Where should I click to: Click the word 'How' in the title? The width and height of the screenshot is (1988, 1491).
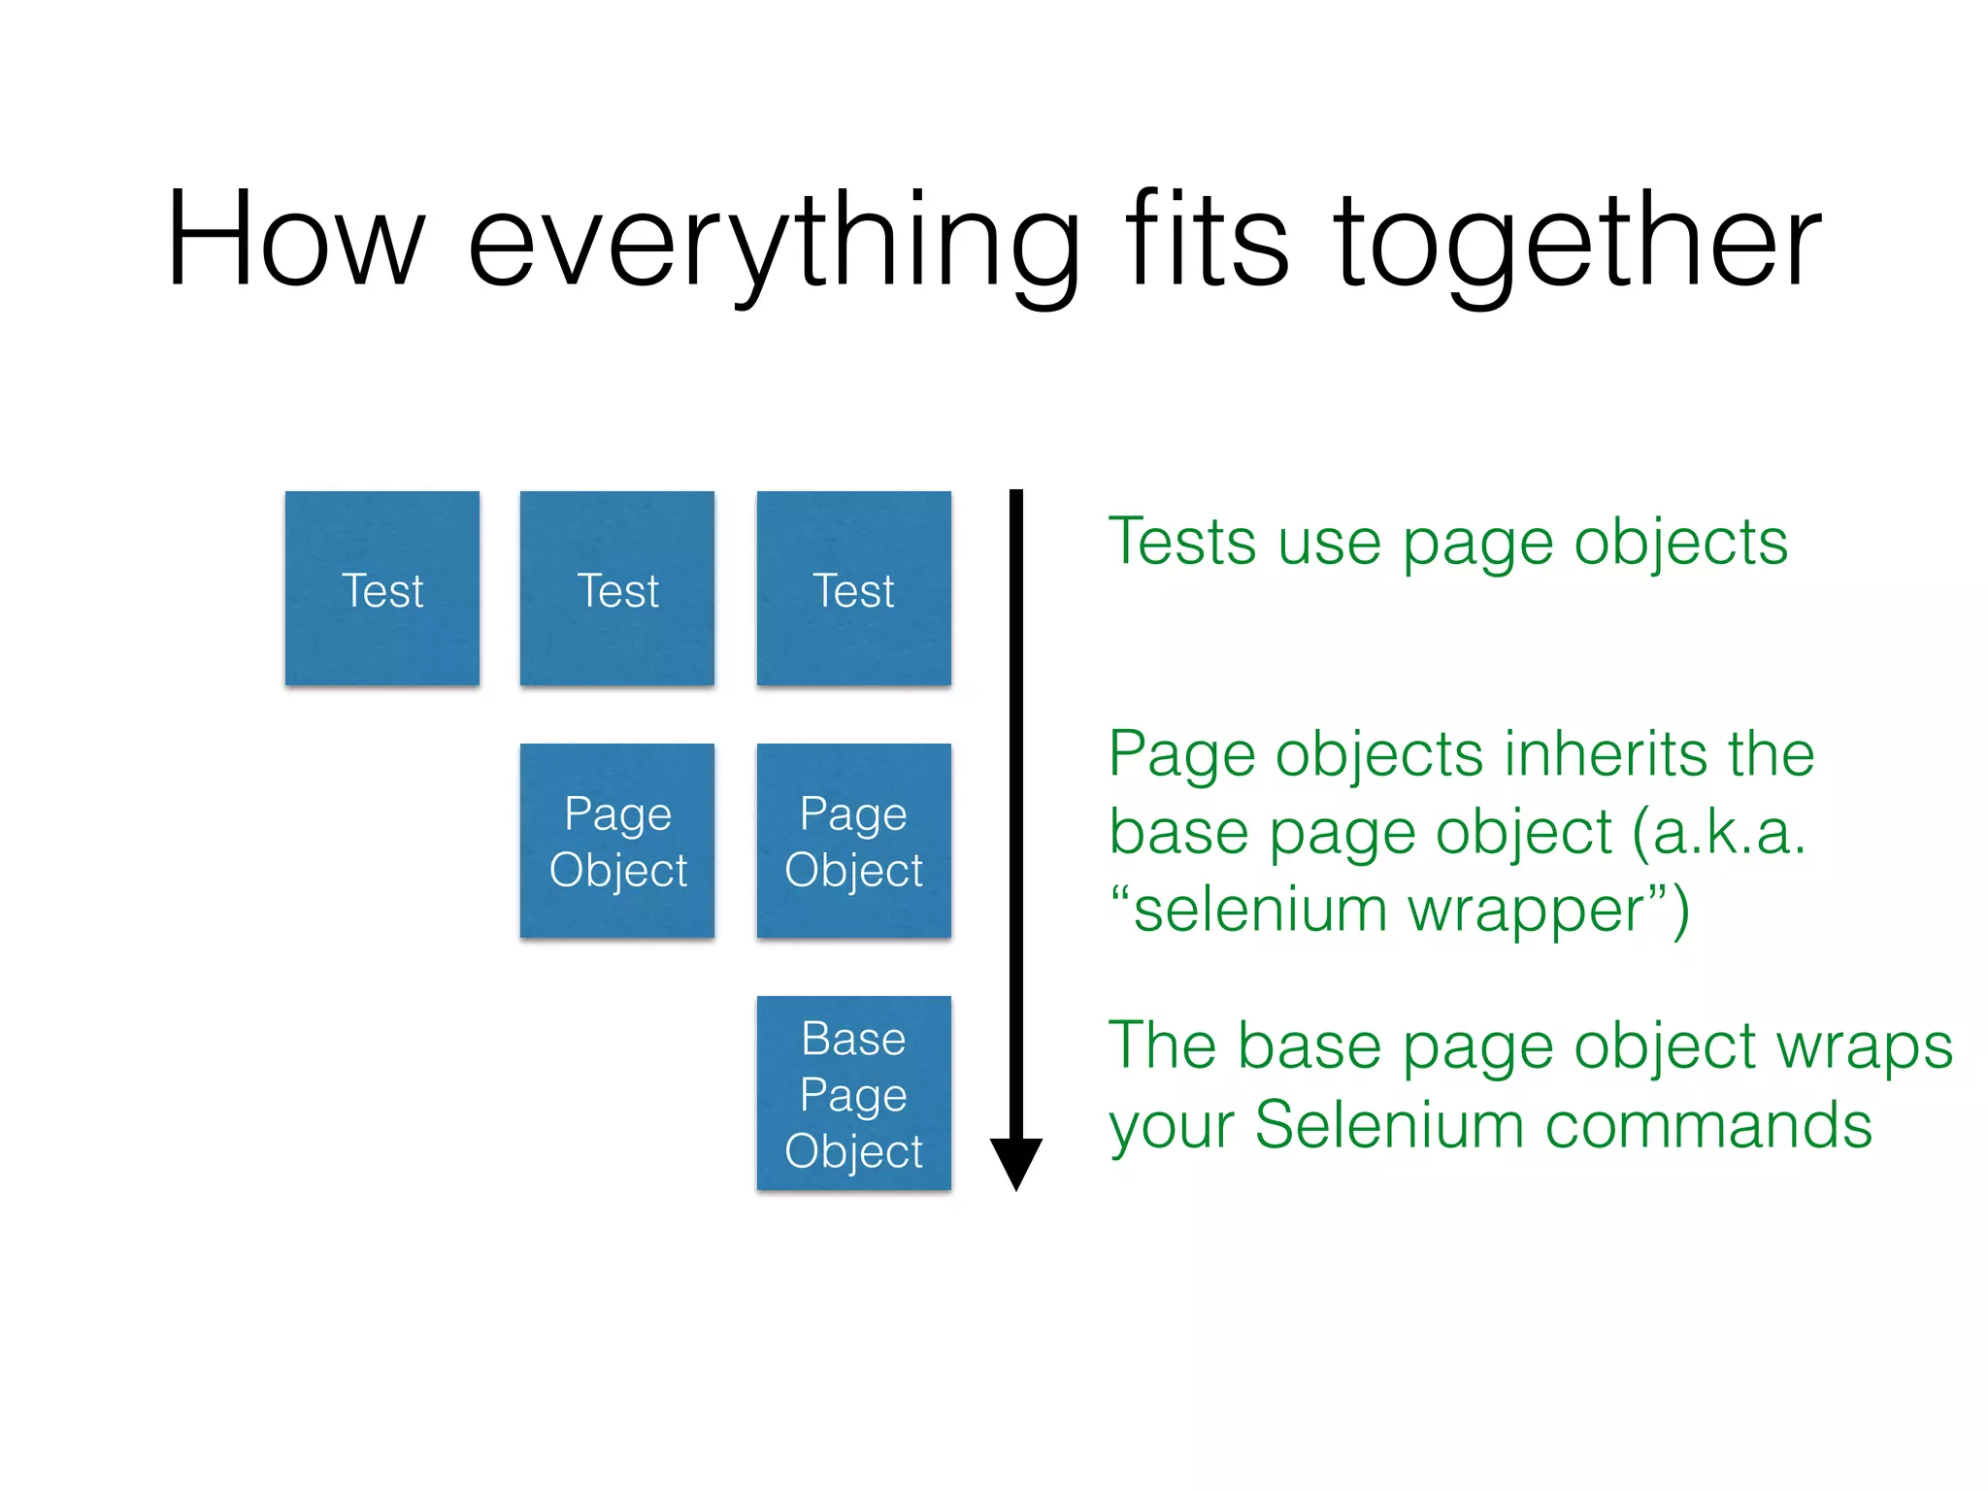coord(296,241)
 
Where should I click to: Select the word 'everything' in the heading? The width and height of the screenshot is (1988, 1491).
coord(774,243)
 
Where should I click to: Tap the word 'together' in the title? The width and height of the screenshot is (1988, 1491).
coord(1577,243)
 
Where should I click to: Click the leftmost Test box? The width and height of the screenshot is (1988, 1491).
coord(382,589)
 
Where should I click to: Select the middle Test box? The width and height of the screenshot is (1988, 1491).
coord(617,589)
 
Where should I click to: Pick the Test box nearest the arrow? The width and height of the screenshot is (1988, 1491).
coord(853,589)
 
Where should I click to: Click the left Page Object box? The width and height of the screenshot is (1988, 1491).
coord(617,841)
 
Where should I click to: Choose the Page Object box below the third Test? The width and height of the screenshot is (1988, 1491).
coord(853,841)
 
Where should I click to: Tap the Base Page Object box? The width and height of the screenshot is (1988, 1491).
coord(853,1093)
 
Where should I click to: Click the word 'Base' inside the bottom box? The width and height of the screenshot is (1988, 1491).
coord(853,1039)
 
